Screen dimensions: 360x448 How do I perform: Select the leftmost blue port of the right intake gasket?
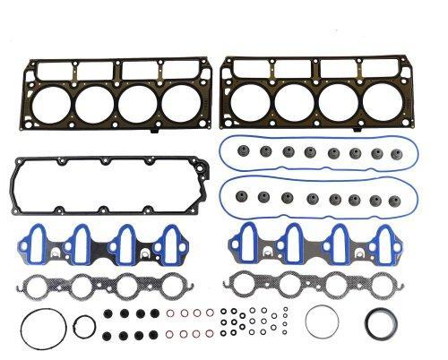pos(254,245)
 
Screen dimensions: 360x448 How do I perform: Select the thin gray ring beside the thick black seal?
pos(321,321)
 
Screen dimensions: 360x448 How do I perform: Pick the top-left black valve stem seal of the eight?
pos(108,313)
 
